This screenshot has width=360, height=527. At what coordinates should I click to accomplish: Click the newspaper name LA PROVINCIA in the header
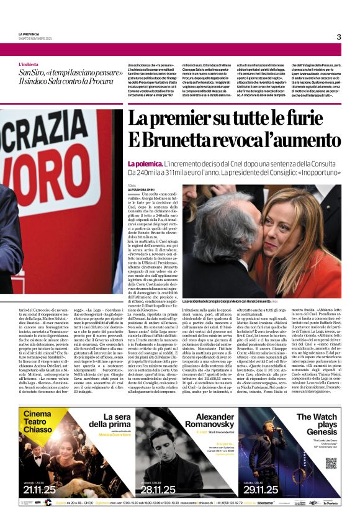pyautogui.click(x=29, y=34)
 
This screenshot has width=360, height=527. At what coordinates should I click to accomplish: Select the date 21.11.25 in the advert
pyautogui.click(x=40, y=489)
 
